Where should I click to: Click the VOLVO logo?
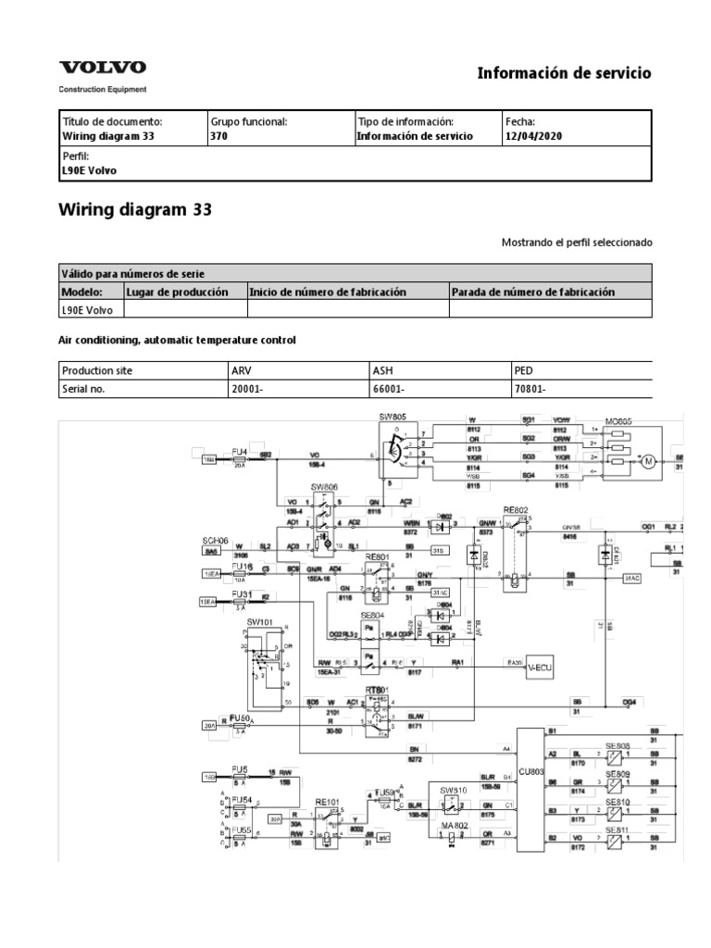point(103,68)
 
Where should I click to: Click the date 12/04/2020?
point(533,136)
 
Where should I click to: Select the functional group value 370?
point(219,136)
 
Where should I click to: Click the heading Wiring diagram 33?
point(135,209)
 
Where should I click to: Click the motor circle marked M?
point(647,461)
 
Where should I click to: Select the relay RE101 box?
point(328,818)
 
